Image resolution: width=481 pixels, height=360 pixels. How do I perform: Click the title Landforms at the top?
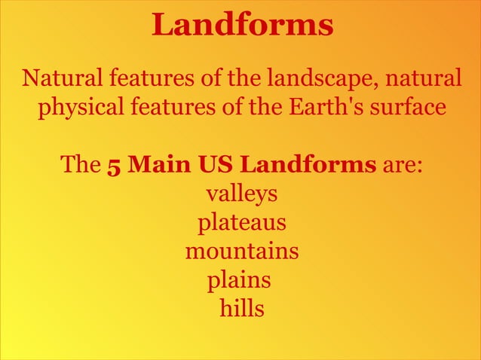pyautogui.click(x=242, y=25)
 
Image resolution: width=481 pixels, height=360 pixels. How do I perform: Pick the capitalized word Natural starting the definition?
pyautogui.click(x=64, y=78)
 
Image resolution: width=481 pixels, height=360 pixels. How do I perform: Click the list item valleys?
pyautogui.click(x=242, y=194)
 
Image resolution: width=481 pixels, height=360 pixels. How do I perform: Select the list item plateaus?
pyautogui.click(x=242, y=223)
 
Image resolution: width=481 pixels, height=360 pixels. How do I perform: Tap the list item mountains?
pyautogui.click(x=242, y=251)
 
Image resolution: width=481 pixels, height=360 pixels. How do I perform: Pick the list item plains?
pyautogui.click(x=239, y=279)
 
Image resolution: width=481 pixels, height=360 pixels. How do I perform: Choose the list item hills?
pyautogui.click(x=242, y=307)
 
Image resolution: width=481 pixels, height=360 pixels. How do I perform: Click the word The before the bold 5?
pyautogui.click(x=81, y=164)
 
